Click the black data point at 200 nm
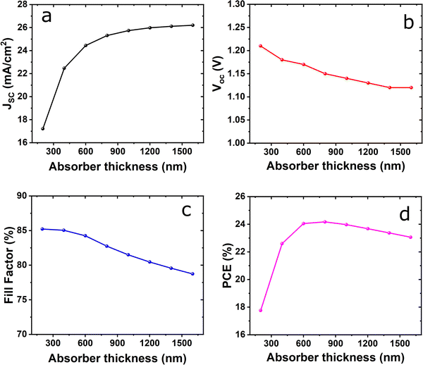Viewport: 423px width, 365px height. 43,129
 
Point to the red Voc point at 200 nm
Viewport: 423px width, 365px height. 260,46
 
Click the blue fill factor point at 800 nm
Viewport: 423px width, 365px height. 107,246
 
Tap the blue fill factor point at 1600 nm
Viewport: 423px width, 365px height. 192,274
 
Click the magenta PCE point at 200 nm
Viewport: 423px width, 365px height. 261,311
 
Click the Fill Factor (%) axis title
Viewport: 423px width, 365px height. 8,264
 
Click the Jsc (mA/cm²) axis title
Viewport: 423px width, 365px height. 8,73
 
